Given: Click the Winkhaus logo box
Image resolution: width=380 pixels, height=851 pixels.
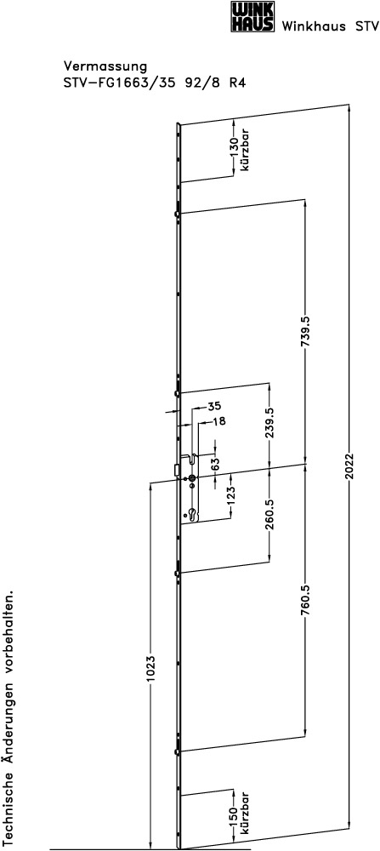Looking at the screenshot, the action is click(x=252, y=16).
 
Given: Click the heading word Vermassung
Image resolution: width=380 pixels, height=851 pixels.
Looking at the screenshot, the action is click(x=105, y=66).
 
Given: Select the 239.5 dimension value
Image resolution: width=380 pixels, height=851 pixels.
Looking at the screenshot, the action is click(x=270, y=424).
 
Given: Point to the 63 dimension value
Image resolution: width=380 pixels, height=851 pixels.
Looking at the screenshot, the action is click(x=215, y=464).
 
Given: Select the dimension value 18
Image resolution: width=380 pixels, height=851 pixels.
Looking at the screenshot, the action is click(x=219, y=420).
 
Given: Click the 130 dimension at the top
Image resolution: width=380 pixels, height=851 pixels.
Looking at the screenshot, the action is click(x=234, y=147).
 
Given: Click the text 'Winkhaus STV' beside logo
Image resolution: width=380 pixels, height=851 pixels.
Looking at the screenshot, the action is click(x=329, y=26).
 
